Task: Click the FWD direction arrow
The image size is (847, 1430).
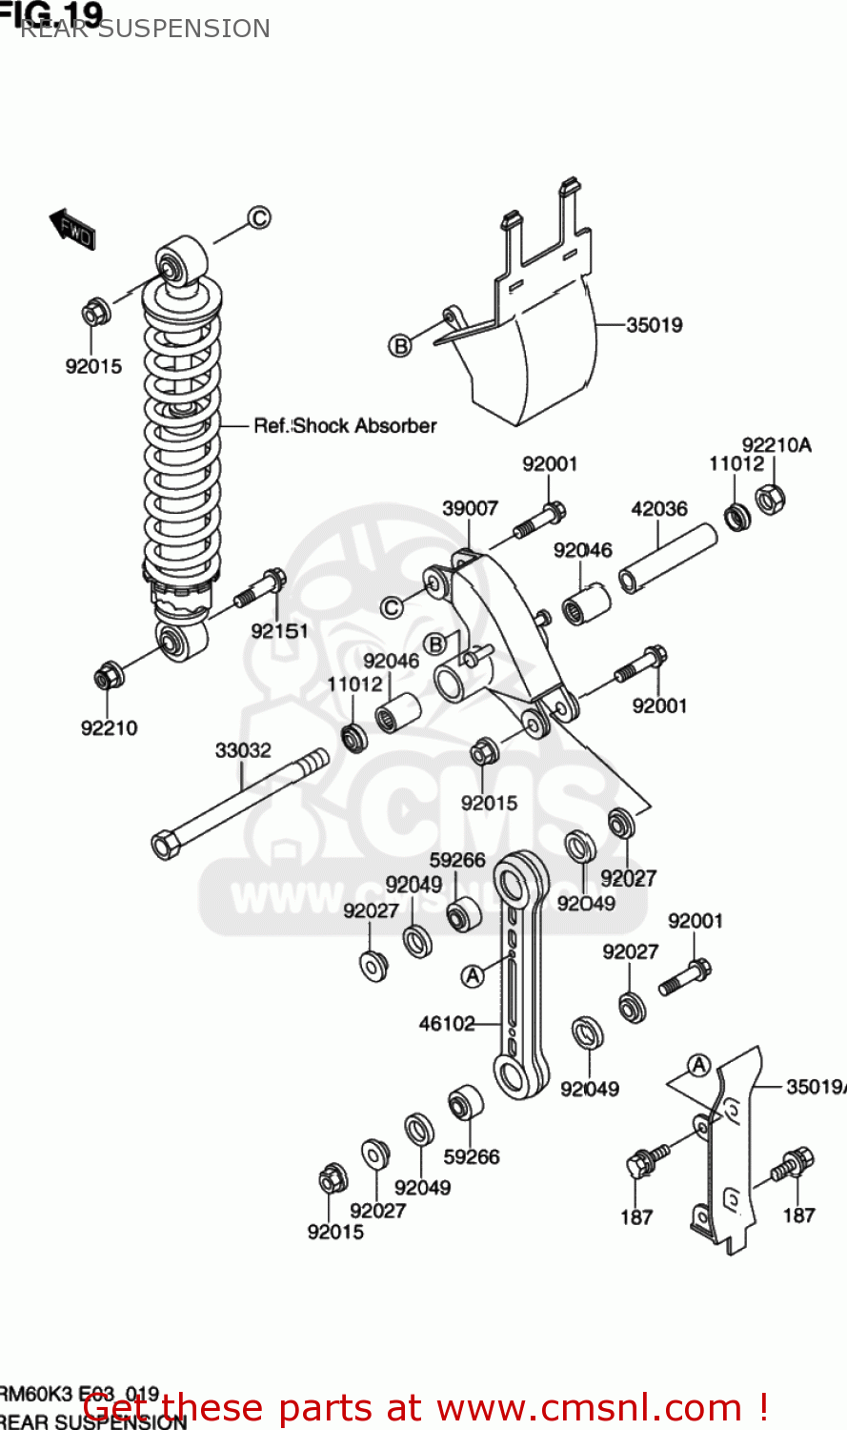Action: pyautogui.click(x=72, y=229)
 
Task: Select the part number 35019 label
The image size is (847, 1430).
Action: pyautogui.click(x=654, y=325)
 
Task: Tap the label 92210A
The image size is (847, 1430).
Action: pyautogui.click(x=776, y=444)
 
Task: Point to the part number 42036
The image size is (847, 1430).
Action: pyautogui.click(x=658, y=508)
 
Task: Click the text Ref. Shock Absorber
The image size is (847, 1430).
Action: pyautogui.click(x=345, y=426)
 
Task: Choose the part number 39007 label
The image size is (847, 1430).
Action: pyautogui.click(x=470, y=508)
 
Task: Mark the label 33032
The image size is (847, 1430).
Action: pyautogui.click(x=243, y=750)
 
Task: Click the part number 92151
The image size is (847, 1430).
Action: pyautogui.click(x=279, y=631)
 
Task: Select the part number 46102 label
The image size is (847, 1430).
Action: pyautogui.click(x=447, y=1024)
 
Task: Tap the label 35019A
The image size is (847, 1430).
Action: pyautogui.click(x=816, y=1086)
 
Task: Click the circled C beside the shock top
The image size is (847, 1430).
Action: pyautogui.click(x=259, y=217)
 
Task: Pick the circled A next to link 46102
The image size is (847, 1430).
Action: pyautogui.click(x=473, y=975)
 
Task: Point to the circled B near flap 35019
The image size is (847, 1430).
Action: pyautogui.click(x=400, y=345)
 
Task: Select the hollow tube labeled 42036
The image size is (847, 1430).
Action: pyautogui.click(x=668, y=558)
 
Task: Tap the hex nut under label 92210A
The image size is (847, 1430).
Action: pyautogui.click(x=770, y=498)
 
